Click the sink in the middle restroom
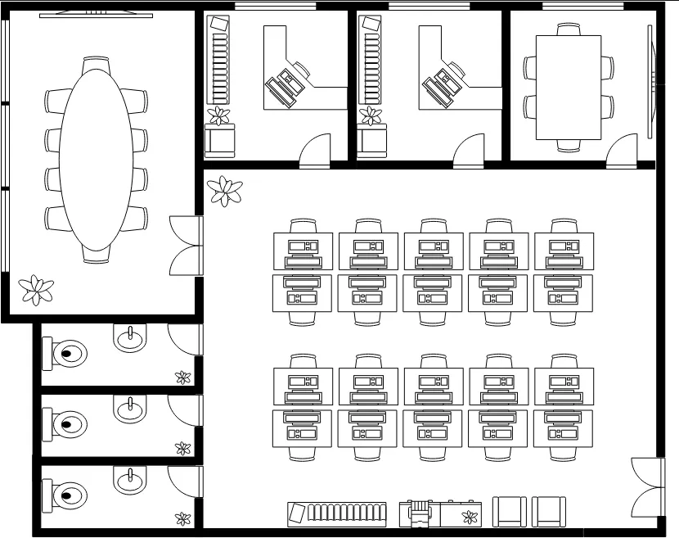(129, 409)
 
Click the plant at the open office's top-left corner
(224, 192)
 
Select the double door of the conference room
(186, 245)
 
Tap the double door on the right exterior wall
(647, 486)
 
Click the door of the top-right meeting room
(622, 152)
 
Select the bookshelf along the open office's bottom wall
(335, 513)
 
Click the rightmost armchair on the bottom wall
(549, 512)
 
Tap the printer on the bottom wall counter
(418, 513)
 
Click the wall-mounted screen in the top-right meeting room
(651, 82)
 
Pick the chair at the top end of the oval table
(97, 63)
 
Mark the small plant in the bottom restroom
(183, 518)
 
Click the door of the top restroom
(183, 341)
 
